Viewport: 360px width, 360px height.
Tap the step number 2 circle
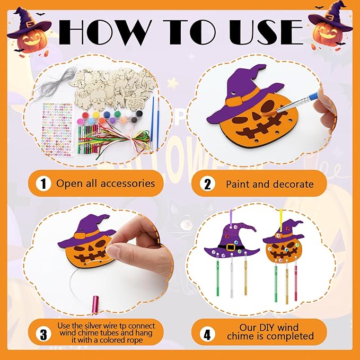[x=207, y=183]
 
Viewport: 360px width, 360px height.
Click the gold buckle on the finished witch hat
[x=232, y=247]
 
